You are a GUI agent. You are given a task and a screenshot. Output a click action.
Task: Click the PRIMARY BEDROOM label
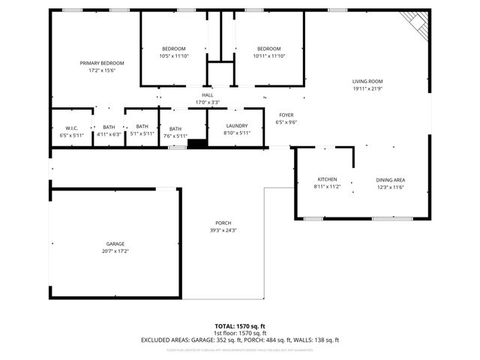point(102,63)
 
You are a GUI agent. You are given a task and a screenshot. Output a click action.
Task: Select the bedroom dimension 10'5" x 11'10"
point(173,56)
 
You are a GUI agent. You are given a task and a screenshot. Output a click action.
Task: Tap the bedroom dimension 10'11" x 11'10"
point(268,56)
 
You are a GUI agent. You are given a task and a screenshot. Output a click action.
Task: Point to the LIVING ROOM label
point(367,82)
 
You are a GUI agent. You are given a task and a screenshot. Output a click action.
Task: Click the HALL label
point(208,95)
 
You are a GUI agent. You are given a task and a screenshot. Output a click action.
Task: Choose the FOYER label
point(286,115)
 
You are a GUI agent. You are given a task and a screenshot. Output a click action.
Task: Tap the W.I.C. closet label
point(72,127)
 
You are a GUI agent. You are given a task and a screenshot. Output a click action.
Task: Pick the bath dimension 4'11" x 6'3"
point(109,135)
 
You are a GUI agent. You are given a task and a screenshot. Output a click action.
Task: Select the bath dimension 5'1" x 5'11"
point(142,135)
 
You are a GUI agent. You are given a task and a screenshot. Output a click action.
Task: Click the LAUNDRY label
point(236,126)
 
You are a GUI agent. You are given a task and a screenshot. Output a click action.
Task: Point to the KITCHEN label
point(327,179)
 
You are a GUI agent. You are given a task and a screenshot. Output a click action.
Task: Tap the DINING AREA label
point(391,179)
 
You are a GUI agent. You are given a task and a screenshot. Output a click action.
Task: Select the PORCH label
point(223,223)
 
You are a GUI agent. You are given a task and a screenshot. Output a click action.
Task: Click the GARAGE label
point(115,244)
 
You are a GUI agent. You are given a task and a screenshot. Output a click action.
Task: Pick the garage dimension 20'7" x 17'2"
point(115,251)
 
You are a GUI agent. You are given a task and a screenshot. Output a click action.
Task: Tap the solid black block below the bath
point(196,144)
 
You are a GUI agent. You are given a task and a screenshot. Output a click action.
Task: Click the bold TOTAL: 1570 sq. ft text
point(240,325)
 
